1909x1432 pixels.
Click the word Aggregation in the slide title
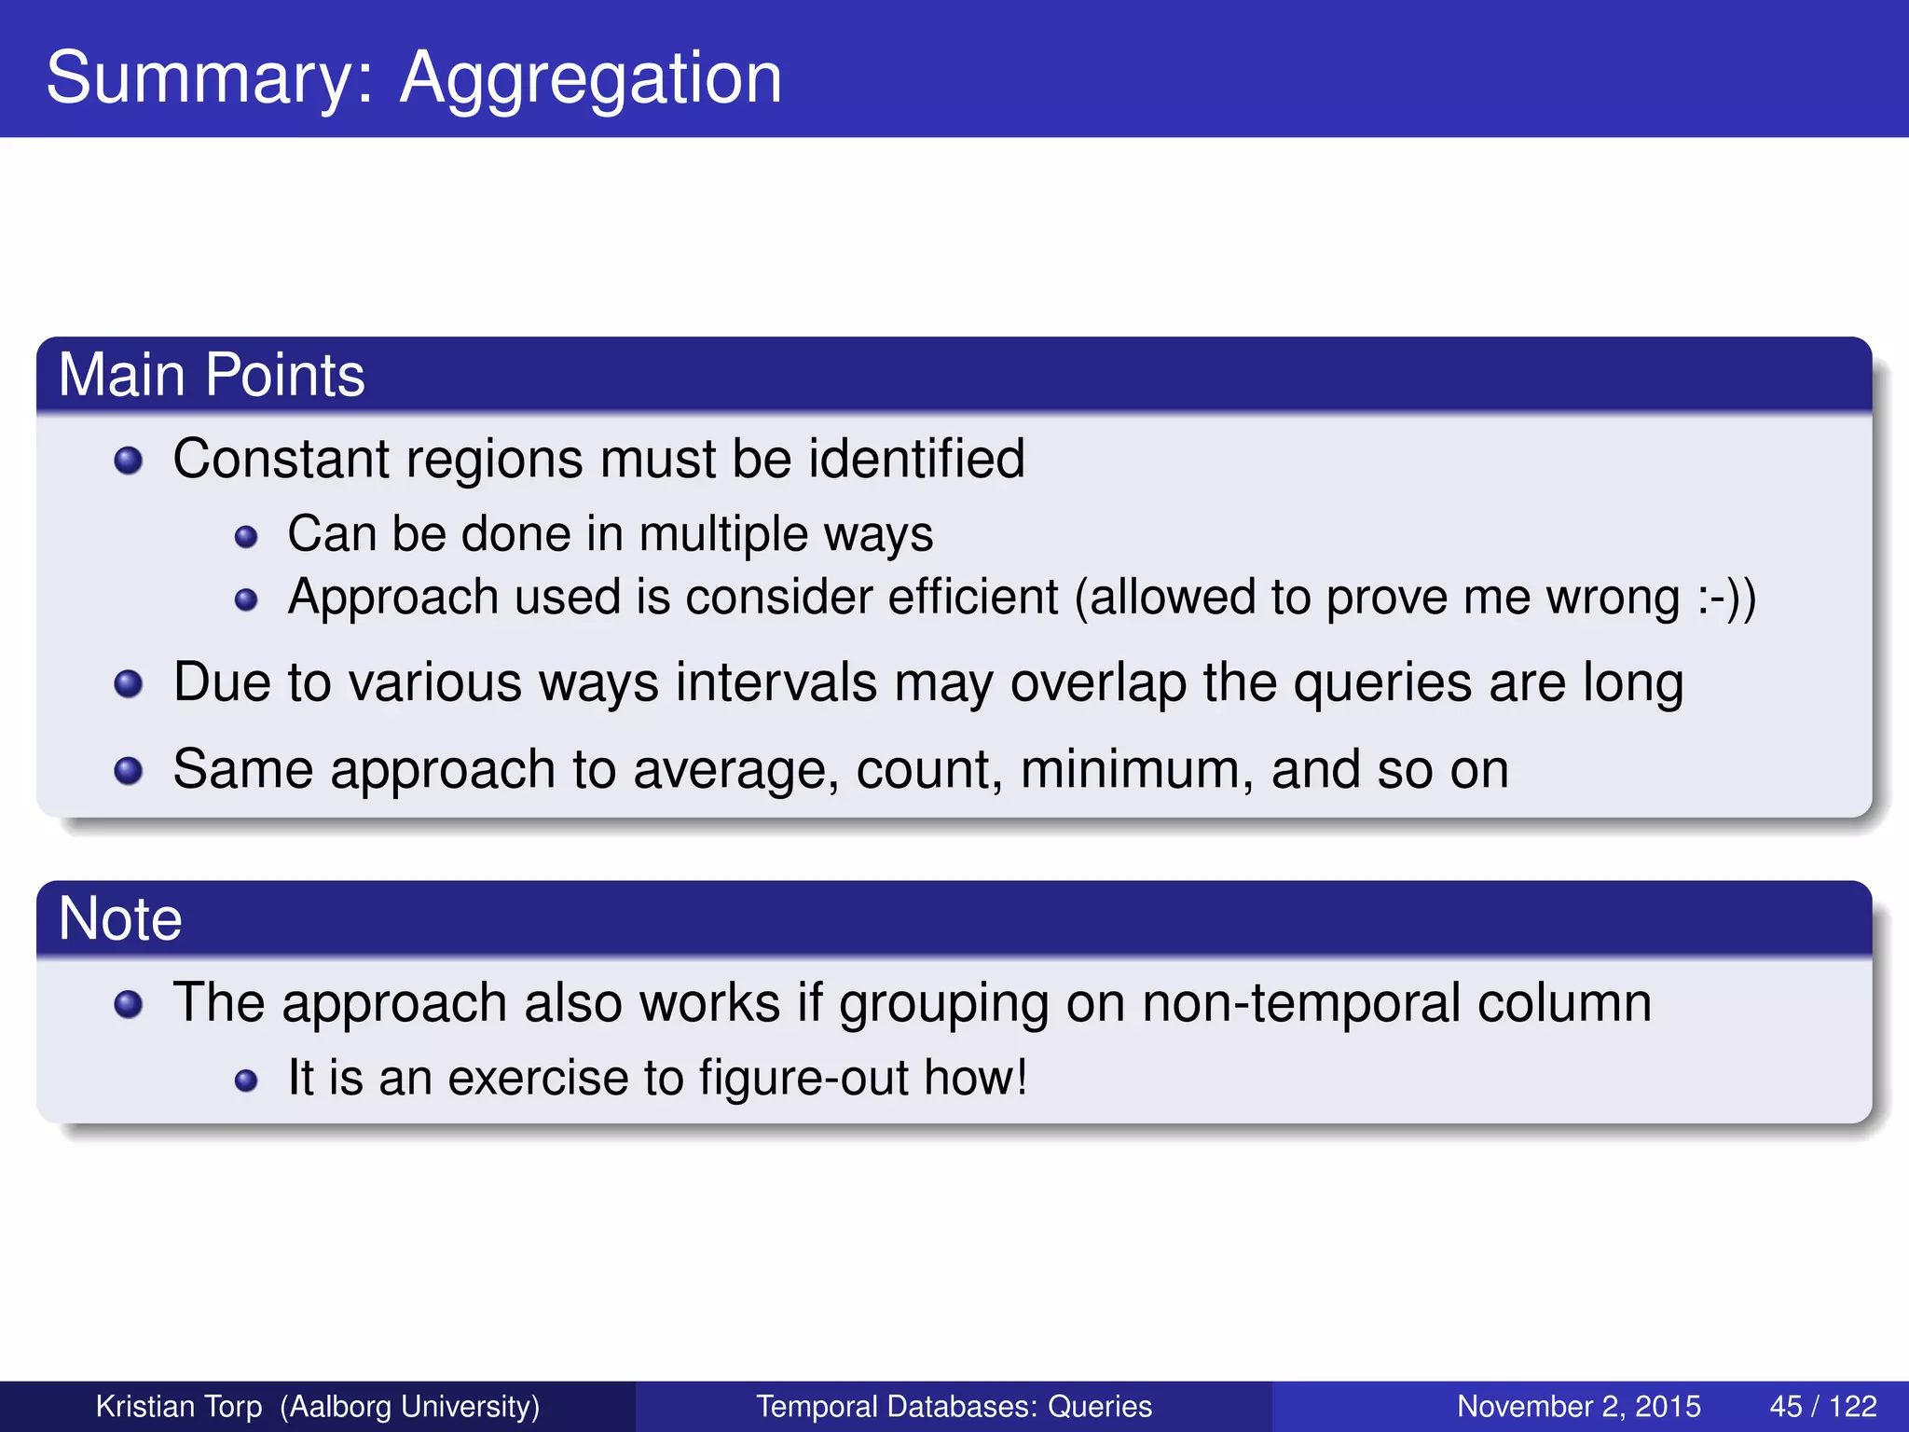click(590, 79)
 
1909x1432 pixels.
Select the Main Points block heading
click(212, 375)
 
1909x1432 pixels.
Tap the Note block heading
click(120, 919)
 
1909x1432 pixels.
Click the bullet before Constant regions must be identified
click(128, 461)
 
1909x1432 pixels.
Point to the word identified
click(916, 459)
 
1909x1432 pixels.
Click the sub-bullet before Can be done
click(246, 537)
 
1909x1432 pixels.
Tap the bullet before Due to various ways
click(128, 684)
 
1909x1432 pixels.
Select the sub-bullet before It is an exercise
click(246, 1081)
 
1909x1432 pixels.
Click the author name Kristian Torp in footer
click(179, 1406)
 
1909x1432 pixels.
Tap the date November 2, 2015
click(1578, 1406)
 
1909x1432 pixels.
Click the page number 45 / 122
click(1822, 1406)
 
